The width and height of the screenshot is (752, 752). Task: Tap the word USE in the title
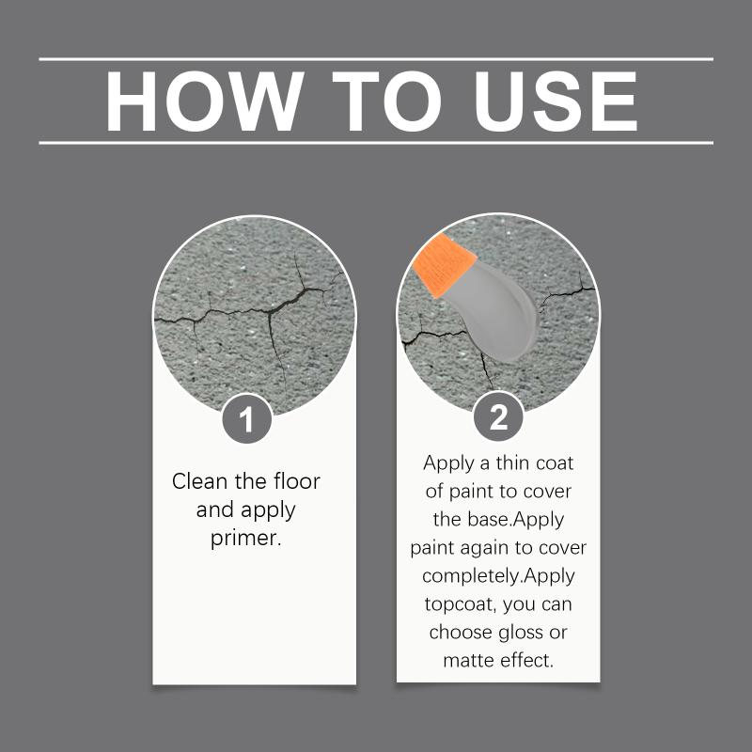coord(556,102)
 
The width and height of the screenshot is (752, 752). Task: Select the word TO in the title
coord(386,102)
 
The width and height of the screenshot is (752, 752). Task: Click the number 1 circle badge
coord(247,418)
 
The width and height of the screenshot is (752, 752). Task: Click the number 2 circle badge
coord(498,416)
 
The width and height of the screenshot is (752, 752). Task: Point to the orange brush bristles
coord(444,265)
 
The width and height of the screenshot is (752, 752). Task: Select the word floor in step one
coord(297,481)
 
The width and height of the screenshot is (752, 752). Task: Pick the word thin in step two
coord(512,462)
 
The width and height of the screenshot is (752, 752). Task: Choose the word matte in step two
coord(469,661)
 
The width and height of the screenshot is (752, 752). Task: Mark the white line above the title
coord(376,59)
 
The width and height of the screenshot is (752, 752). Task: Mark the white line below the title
coord(376,143)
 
